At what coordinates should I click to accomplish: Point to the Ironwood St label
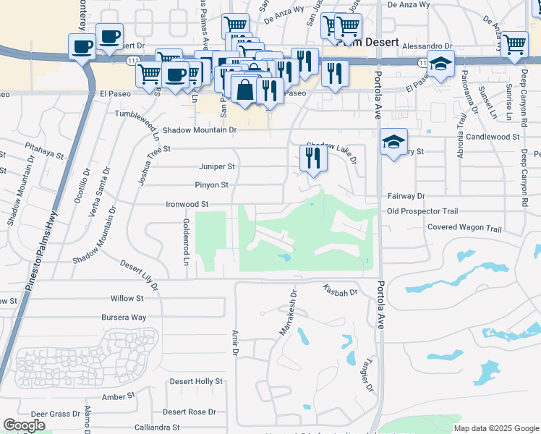(187, 205)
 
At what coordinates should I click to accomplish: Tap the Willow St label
(127, 298)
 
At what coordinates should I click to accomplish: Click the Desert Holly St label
(195, 381)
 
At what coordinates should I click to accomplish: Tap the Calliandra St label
(156, 427)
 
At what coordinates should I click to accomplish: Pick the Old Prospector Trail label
(422, 211)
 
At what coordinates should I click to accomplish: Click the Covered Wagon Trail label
(464, 229)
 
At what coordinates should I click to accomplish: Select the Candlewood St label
(493, 136)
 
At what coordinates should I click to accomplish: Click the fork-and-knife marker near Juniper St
(312, 158)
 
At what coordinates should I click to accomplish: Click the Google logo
(24, 425)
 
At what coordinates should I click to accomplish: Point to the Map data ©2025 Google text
(496, 428)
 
